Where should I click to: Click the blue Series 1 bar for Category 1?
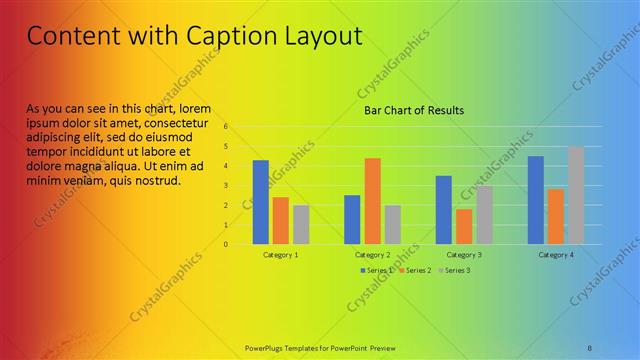point(261,202)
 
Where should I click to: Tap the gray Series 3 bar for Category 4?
point(576,195)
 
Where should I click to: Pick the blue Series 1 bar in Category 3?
point(444,210)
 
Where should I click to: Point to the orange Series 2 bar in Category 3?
point(464,226)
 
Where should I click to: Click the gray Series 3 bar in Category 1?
point(301,224)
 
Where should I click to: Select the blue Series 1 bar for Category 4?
point(536,200)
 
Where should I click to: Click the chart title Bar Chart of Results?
point(413,111)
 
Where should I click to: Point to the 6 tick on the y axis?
point(227,127)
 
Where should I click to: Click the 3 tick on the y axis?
point(227,186)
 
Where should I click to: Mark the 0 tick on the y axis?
point(227,244)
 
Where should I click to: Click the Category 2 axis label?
point(372,255)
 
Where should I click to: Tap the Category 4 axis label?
point(556,255)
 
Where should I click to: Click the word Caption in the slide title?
point(225,37)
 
